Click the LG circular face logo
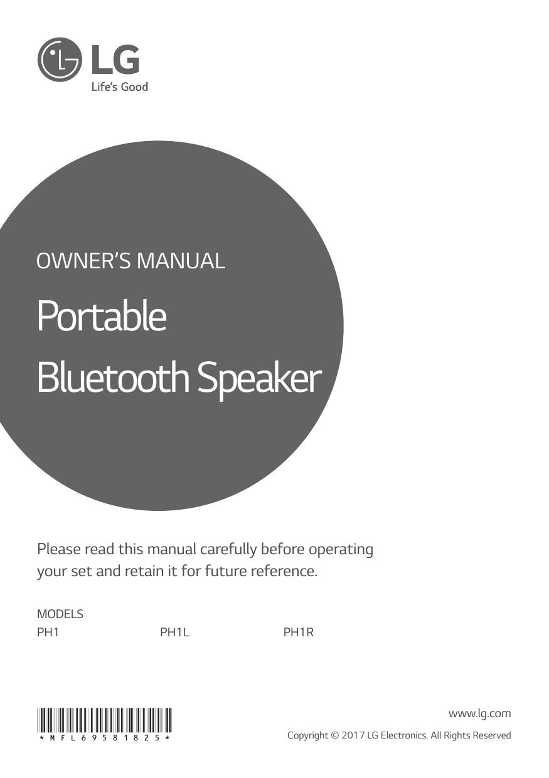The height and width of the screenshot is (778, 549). [60, 59]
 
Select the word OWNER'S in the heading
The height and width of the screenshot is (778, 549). [83, 260]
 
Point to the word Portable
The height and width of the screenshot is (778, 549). [102, 317]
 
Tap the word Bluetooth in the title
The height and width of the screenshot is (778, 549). [115, 378]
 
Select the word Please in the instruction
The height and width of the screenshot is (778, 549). [58, 550]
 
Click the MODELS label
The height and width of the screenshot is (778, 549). [60, 614]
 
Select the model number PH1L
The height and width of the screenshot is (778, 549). [174, 633]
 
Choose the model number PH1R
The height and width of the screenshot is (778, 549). [298, 633]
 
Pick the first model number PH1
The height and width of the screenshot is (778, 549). [48, 633]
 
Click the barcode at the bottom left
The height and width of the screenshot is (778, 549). [104, 720]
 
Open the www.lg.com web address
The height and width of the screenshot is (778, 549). [479, 713]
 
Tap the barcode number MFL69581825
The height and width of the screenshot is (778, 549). [104, 739]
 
